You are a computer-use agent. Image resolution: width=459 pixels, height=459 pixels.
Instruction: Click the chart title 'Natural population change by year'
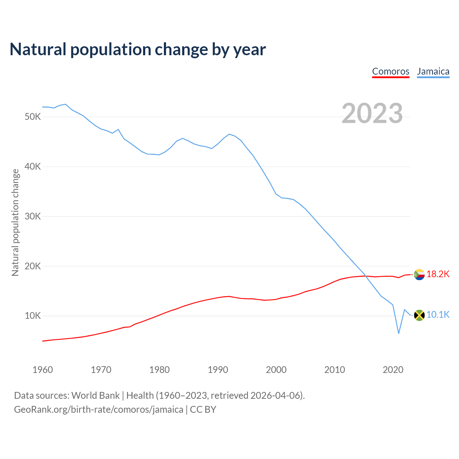(x=138, y=49)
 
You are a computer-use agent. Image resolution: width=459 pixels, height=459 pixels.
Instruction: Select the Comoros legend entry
(x=391, y=71)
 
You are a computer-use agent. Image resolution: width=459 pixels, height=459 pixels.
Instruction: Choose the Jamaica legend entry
(x=433, y=71)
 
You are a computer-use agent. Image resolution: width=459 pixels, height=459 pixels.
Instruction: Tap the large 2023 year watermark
(x=372, y=113)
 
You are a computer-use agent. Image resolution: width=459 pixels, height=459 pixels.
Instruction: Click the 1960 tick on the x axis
(x=43, y=370)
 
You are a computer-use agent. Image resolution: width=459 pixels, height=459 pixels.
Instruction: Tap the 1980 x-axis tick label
(x=160, y=370)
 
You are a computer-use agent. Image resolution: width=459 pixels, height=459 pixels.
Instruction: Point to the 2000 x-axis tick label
(x=276, y=370)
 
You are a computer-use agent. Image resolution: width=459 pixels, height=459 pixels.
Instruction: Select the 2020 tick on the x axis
(x=393, y=370)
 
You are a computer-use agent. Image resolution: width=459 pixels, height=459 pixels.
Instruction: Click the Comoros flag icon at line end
(x=419, y=275)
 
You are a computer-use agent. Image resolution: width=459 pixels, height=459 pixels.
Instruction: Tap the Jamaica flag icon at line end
(x=419, y=315)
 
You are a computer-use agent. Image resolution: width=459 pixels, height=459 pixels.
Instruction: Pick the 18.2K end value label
(x=438, y=274)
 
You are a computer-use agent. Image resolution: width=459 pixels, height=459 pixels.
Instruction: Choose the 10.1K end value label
(x=438, y=315)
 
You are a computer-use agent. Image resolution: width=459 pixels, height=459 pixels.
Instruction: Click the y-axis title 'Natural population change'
(x=15, y=222)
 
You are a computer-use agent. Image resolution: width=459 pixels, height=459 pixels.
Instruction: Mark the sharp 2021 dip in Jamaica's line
(x=398, y=333)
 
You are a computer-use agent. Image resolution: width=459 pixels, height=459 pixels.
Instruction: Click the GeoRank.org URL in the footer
(x=99, y=410)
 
